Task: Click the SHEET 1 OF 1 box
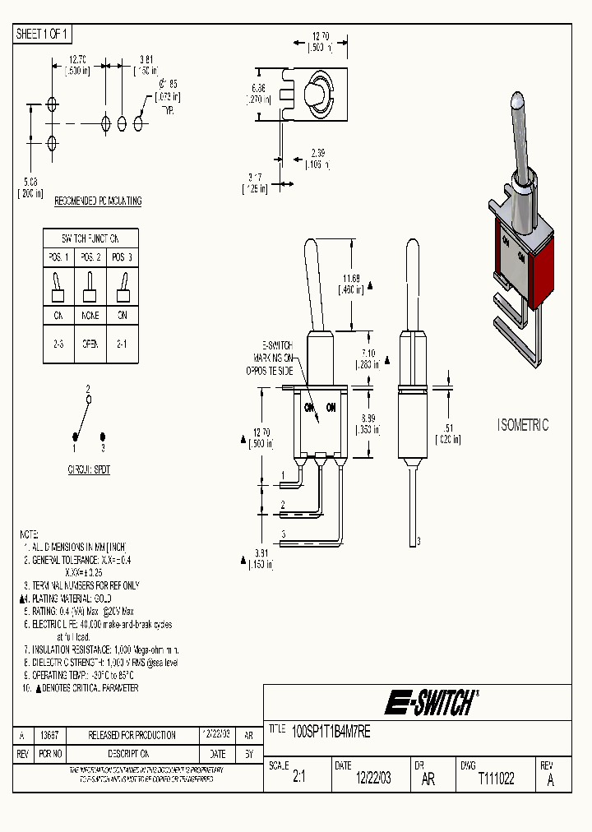tap(43, 35)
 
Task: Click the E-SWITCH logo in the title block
tap(430, 703)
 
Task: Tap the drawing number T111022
tap(496, 779)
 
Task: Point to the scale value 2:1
tap(298, 779)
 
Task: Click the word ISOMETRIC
tap(523, 425)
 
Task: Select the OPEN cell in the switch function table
tap(90, 344)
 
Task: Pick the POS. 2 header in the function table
tap(90, 257)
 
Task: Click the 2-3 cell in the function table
tap(58, 344)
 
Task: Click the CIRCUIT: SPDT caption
tap(89, 469)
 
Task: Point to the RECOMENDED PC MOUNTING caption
tap(97, 201)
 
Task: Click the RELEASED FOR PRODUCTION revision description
tap(132, 735)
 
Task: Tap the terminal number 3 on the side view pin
tap(419, 540)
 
